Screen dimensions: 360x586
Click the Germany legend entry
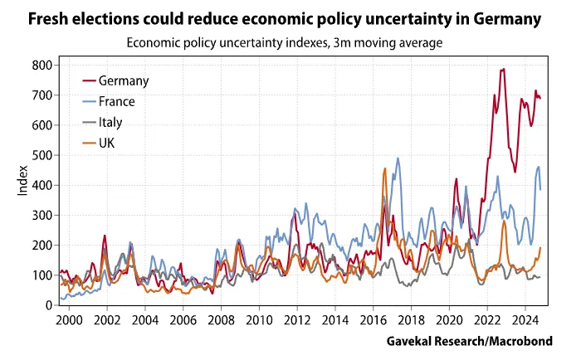tap(123, 80)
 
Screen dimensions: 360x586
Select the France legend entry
tap(116, 101)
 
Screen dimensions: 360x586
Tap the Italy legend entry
tap(110, 122)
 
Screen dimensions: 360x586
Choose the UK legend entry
tap(107, 143)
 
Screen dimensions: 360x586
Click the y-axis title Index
tap(23, 184)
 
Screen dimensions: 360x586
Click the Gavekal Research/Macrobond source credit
tap(469, 341)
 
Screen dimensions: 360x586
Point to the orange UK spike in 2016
tap(385, 168)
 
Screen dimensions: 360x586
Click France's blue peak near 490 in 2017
tap(398, 158)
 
